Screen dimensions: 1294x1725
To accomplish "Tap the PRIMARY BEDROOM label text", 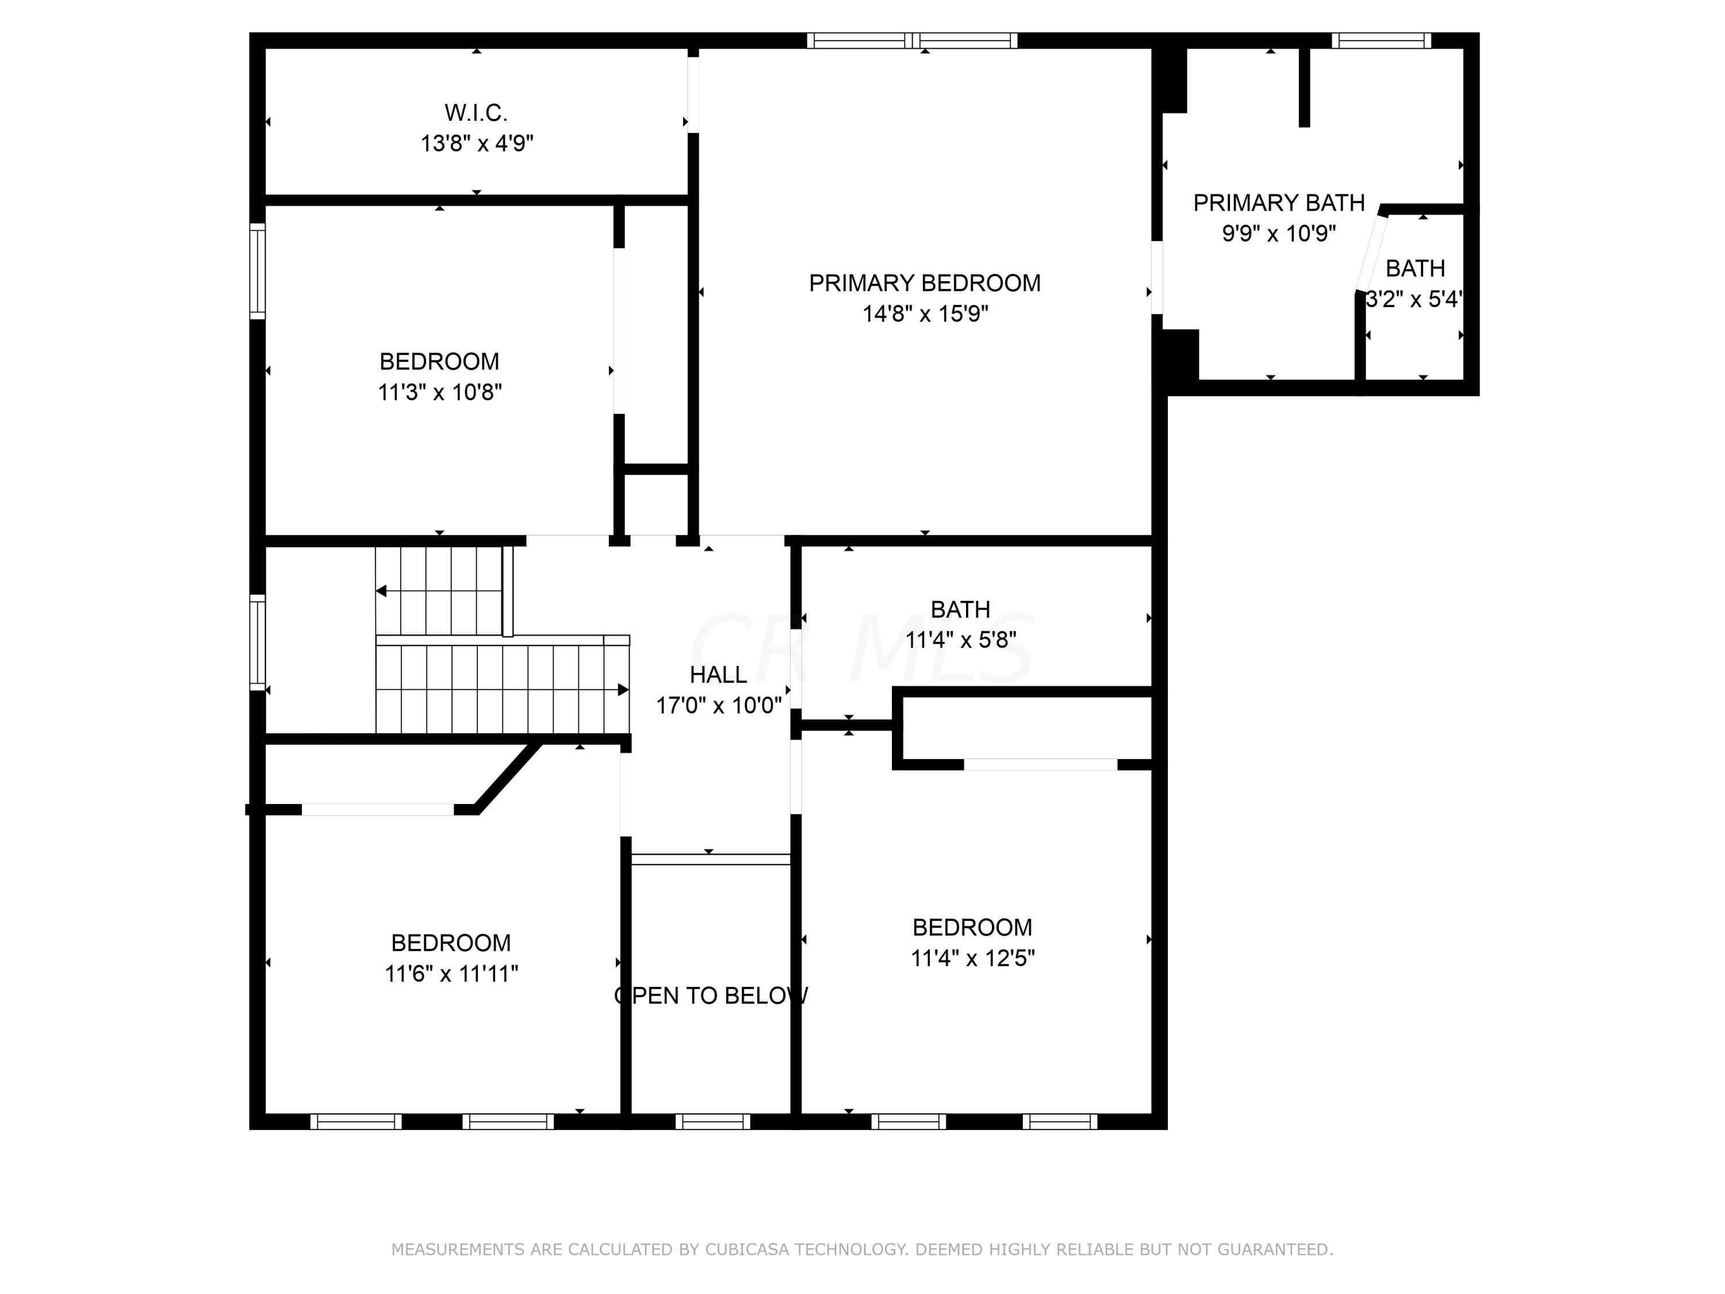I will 924,283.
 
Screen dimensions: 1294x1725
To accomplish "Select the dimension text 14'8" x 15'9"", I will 925,313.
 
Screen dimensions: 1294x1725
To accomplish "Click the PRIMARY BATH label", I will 1278,203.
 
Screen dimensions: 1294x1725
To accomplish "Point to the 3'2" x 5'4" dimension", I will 1413,298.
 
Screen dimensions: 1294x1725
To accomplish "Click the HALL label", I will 718,675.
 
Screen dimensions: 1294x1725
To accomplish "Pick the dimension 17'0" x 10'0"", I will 718,705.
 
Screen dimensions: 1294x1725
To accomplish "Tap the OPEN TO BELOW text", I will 711,996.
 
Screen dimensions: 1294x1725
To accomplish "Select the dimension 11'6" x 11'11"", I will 451,974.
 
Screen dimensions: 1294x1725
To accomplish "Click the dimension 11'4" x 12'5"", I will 972,958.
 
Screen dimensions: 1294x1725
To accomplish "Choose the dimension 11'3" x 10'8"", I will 439,392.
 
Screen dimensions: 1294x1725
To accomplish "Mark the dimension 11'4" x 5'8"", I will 960,640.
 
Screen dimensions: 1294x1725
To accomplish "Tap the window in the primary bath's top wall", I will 1381,41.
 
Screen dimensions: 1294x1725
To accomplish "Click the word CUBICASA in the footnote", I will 746,1250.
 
